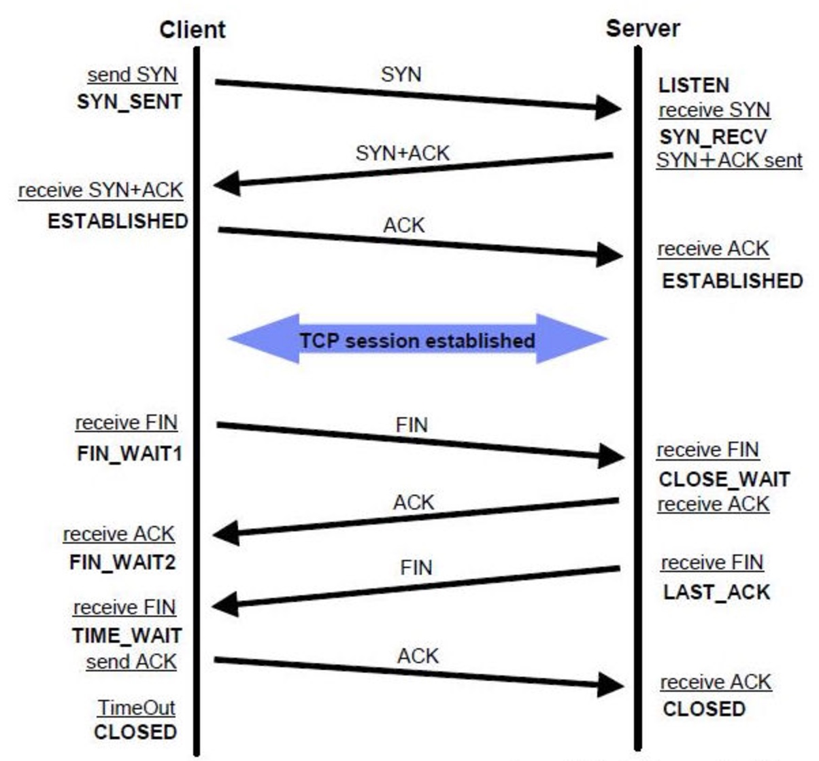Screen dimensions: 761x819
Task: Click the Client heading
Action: pyautogui.click(x=192, y=30)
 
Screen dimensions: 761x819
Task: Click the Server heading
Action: pyautogui.click(x=642, y=29)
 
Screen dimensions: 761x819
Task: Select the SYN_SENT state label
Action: pyautogui.click(x=129, y=102)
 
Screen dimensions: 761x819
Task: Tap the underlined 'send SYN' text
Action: pyautogui.click(x=132, y=75)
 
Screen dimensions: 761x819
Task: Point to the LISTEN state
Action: pyautogui.click(x=694, y=86)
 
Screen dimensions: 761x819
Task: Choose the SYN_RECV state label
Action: pyautogui.click(x=713, y=137)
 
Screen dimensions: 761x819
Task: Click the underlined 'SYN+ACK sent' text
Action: pyautogui.click(x=729, y=160)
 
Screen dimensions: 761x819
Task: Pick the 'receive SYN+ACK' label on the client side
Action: pyautogui.click(x=101, y=190)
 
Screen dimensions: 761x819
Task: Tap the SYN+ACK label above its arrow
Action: pyautogui.click(x=402, y=154)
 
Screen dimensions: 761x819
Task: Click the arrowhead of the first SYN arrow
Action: pyautogui.click(x=608, y=107)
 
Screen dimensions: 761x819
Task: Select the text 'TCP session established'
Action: pyautogui.click(x=417, y=340)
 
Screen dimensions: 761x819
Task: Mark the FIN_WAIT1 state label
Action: pyautogui.click(x=129, y=454)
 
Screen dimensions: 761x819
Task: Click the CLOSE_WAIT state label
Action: pyautogui.click(x=724, y=480)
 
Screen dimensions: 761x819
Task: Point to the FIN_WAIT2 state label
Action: pyautogui.click(x=122, y=563)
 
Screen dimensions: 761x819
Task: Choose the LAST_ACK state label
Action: pyautogui.click(x=716, y=592)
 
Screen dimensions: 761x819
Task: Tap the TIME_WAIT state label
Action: pyautogui.click(x=127, y=636)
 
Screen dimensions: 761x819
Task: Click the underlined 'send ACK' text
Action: pyautogui.click(x=131, y=662)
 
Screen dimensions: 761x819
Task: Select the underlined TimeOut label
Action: pyautogui.click(x=136, y=708)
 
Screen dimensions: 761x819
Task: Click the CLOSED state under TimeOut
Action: pyautogui.click(x=135, y=732)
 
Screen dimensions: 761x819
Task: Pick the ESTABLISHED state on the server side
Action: pyautogui.click(x=732, y=281)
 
